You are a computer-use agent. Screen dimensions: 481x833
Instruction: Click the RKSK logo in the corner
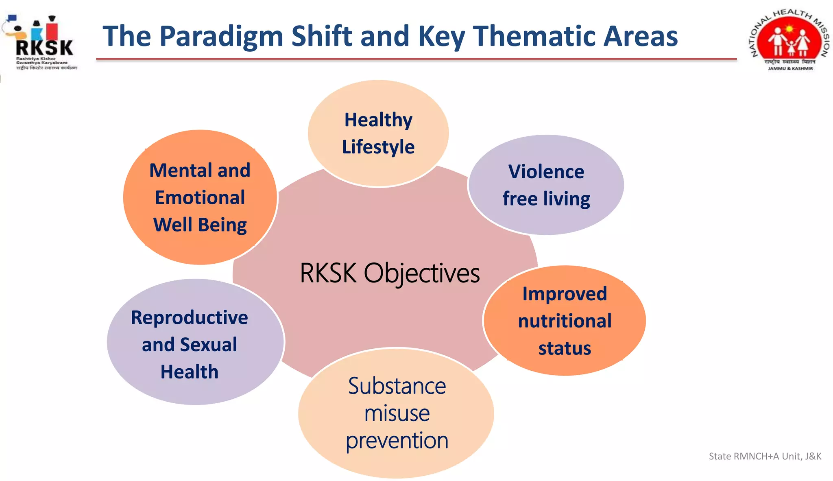(x=41, y=43)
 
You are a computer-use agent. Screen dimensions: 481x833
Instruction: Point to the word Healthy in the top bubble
(x=378, y=120)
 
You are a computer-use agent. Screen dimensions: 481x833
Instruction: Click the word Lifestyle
(x=378, y=147)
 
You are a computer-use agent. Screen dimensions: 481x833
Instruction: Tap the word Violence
(x=546, y=172)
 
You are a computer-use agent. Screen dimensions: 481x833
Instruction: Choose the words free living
(x=546, y=199)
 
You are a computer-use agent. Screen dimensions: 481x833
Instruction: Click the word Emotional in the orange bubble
(x=200, y=198)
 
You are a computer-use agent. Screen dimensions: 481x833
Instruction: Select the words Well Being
(x=200, y=225)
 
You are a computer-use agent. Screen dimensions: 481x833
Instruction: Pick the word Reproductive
(x=189, y=318)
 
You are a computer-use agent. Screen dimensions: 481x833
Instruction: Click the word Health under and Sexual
(x=189, y=372)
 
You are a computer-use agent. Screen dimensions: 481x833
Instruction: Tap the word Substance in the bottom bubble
(x=397, y=386)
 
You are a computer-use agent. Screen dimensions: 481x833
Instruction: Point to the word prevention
(x=397, y=441)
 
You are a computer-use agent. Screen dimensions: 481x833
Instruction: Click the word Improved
(x=565, y=294)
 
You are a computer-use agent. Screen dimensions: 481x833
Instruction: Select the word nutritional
(x=565, y=321)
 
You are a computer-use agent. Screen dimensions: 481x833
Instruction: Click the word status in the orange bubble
(x=565, y=349)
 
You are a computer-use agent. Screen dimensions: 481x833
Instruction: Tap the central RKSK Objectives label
(x=390, y=273)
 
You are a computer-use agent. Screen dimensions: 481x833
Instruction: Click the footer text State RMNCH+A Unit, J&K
(x=765, y=456)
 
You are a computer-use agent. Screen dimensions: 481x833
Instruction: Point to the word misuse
(x=397, y=414)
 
